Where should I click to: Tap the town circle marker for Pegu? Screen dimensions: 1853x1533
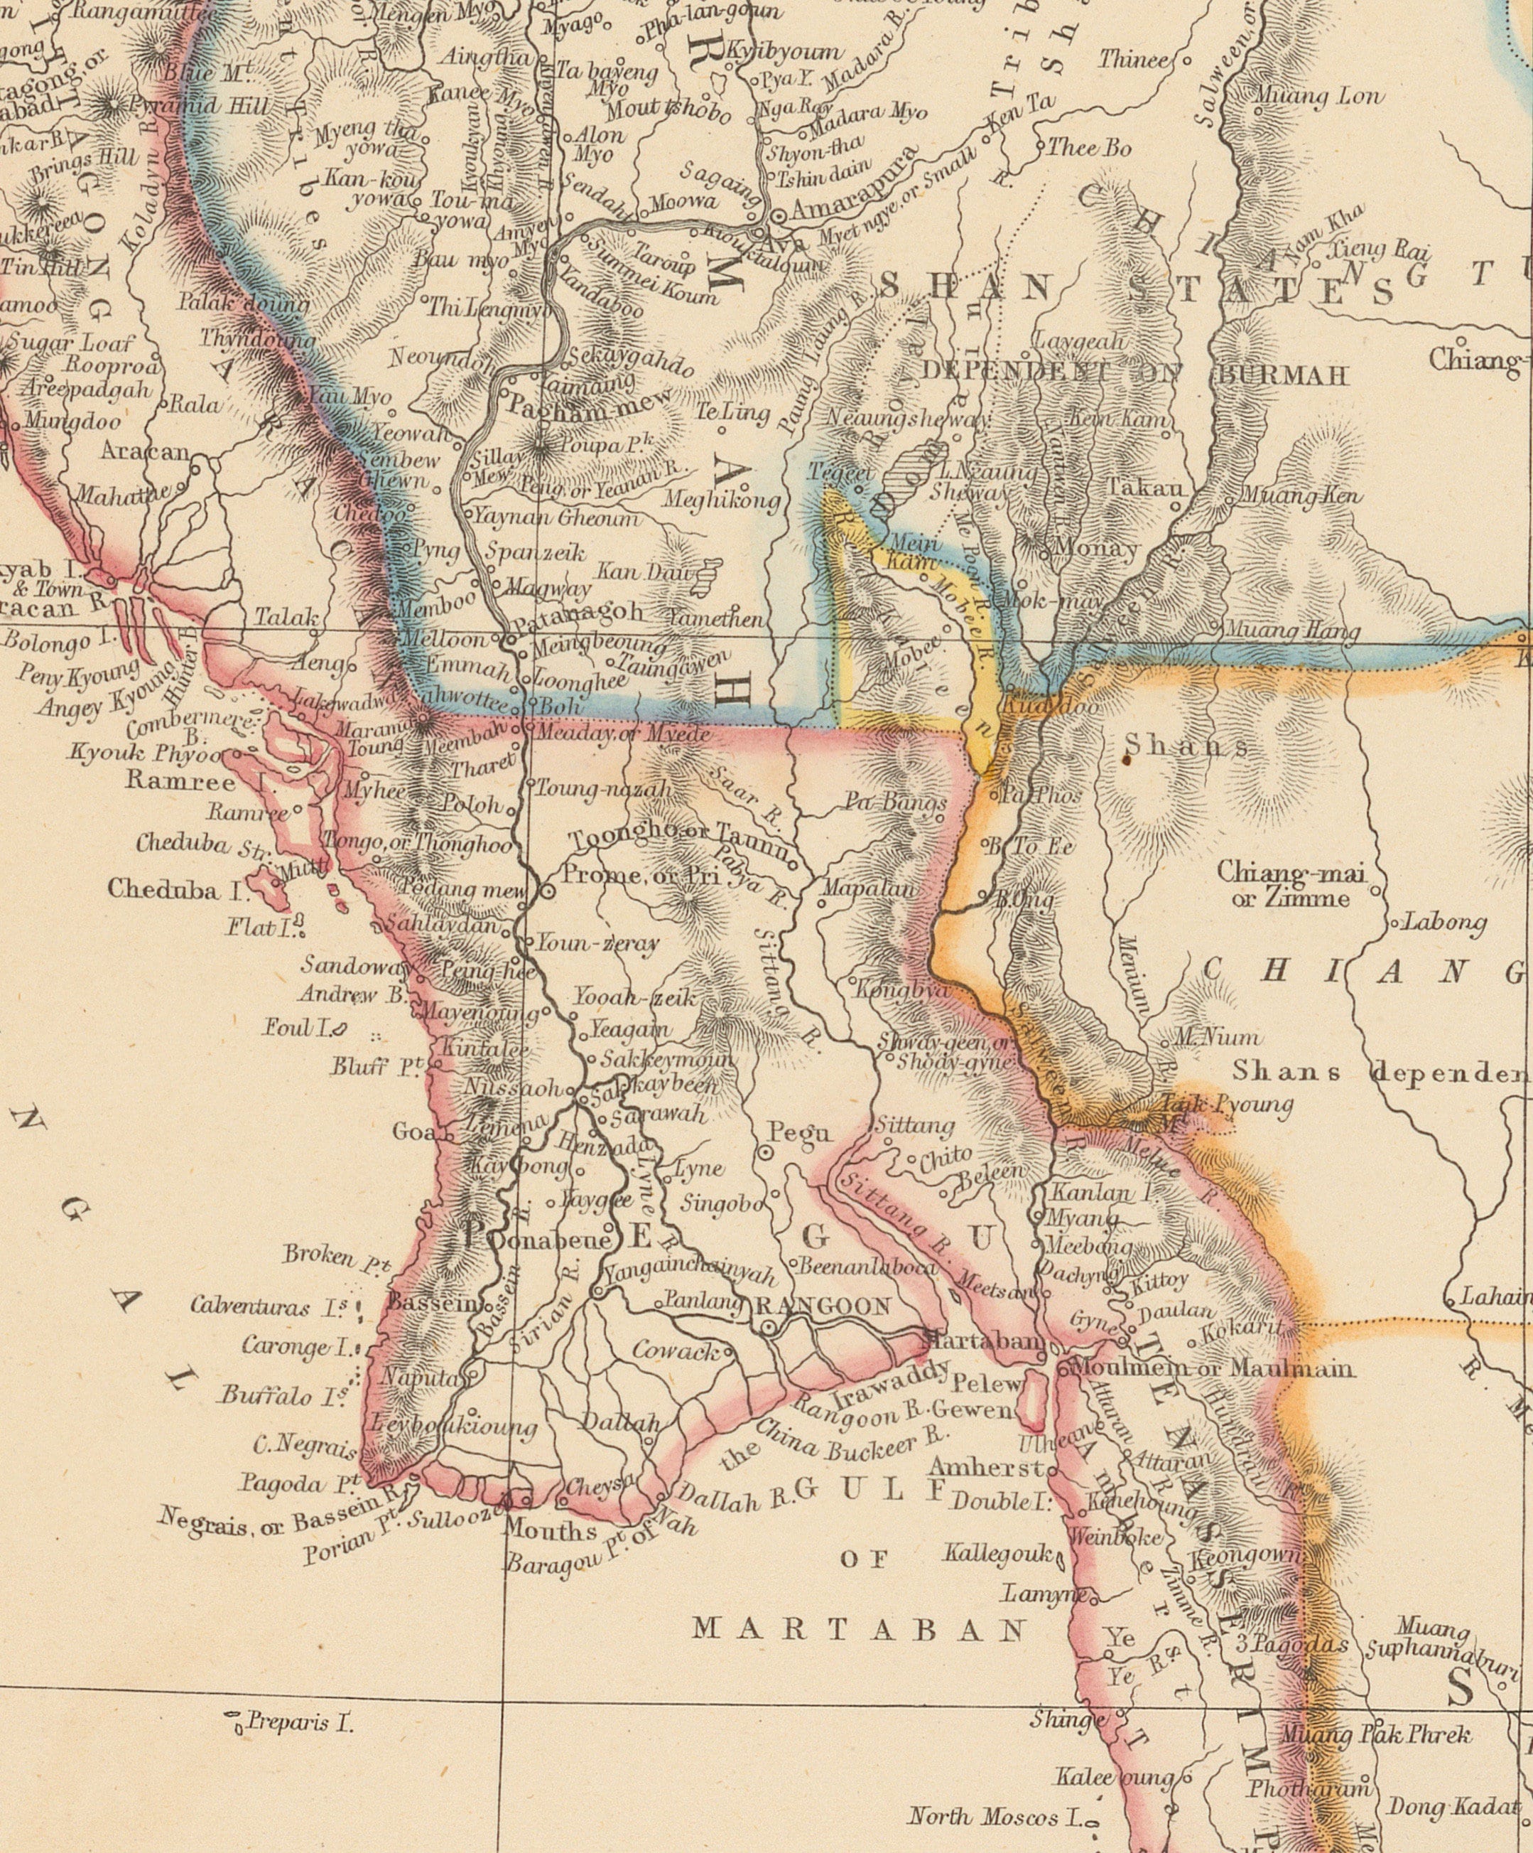coord(766,1152)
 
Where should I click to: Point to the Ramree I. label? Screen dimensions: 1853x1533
coord(202,781)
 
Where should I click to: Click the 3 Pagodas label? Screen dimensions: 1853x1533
coord(1291,1645)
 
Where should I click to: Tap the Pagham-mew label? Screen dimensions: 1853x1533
coord(589,409)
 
